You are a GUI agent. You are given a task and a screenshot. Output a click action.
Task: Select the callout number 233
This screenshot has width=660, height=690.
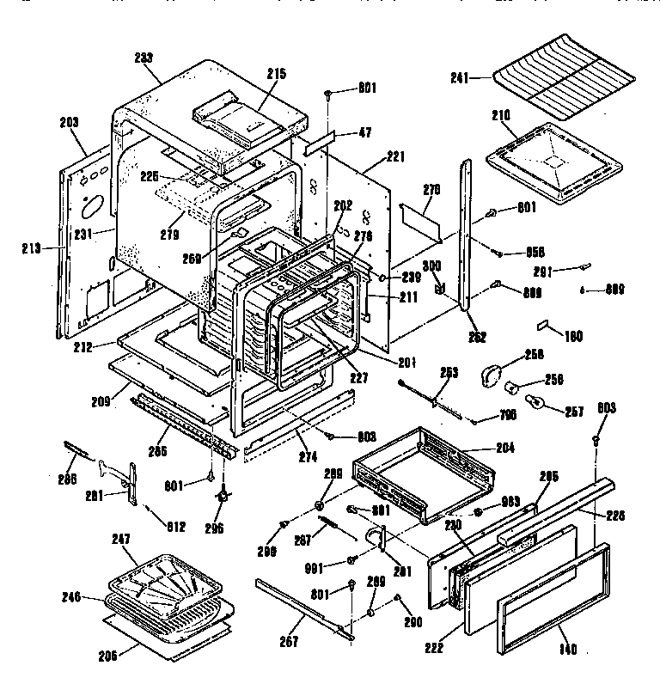[x=144, y=58]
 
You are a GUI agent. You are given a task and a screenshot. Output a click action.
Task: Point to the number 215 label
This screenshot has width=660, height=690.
[x=276, y=75]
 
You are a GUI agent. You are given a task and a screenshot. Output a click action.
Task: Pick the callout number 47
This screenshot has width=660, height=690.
[x=364, y=133]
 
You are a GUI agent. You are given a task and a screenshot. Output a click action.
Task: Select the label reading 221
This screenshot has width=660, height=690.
[x=394, y=156]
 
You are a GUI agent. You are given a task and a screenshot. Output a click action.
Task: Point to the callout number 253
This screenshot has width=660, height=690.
[x=448, y=372]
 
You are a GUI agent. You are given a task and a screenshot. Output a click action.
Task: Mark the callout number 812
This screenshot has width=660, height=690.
[x=175, y=527]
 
